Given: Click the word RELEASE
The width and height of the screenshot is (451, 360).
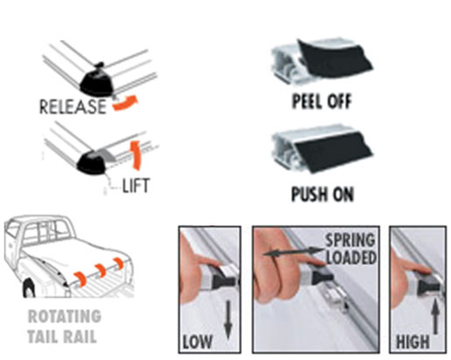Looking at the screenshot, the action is click(73, 107).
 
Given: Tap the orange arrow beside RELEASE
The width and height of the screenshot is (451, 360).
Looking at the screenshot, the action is click(125, 102).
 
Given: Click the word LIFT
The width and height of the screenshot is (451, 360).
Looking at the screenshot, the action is click(136, 185).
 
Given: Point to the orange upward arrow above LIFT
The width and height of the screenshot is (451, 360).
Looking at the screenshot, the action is click(136, 155).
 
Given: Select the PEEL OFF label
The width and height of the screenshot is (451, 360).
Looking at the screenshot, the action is click(321, 101).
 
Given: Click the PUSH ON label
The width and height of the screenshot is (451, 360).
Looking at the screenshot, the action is click(322, 194).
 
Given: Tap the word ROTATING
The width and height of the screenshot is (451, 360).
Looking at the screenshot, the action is click(65, 316).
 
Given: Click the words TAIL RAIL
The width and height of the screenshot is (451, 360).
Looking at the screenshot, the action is click(62, 336).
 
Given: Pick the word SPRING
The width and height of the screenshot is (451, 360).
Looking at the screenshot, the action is click(350, 240).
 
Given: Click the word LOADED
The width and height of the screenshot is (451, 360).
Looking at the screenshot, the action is click(351, 258).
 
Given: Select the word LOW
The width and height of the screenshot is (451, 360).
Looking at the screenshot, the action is click(197, 342).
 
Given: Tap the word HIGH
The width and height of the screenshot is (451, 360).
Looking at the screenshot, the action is click(412, 342).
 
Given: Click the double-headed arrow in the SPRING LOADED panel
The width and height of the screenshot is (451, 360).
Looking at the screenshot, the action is click(293, 252).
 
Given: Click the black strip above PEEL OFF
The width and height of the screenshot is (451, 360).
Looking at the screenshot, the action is click(335, 60).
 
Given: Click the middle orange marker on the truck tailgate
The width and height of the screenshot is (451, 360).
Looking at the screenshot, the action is click(100, 271).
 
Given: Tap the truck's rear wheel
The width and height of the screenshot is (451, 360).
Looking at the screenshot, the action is click(29, 288).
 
